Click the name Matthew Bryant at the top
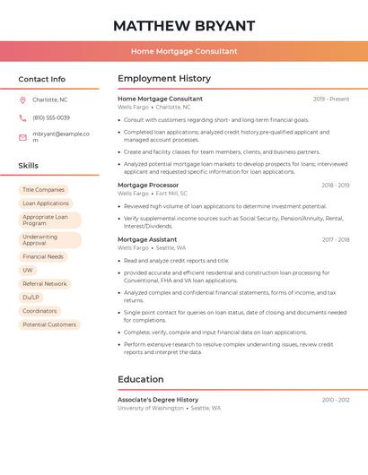(x=184, y=25)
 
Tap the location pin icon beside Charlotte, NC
(x=22, y=99)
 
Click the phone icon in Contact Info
(x=22, y=117)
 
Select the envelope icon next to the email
(x=22, y=137)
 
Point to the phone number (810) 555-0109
(x=51, y=117)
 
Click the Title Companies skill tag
(x=43, y=190)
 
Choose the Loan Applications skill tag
(x=46, y=203)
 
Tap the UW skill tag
(x=28, y=270)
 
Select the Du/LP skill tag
(x=31, y=297)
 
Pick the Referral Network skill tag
(x=45, y=283)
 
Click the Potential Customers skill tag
(x=49, y=324)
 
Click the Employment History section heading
(x=164, y=79)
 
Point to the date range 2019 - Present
(x=331, y=99)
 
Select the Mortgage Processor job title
(x=148, y=185)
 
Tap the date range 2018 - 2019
(x=335, y=186)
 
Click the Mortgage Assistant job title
(x=147, y=239)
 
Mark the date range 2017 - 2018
(x=335, y=240)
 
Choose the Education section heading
(x=140, y=379)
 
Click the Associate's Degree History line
(x=158, y=400)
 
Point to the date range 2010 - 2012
(x=336, y=400)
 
